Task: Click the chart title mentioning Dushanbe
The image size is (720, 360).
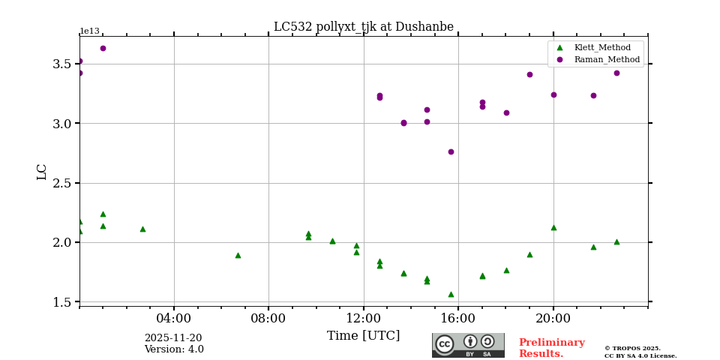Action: pos(363,27)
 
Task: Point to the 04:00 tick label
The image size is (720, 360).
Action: pos(174,318)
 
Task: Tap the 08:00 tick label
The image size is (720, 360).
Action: pos(268,318)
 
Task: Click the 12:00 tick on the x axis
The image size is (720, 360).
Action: pos(364,318)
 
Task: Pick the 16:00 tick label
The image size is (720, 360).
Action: pos(458,318)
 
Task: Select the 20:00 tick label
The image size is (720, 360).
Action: pos(553,318)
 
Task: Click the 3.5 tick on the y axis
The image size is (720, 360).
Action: pos(62,64)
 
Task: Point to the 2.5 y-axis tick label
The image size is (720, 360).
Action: pos(62,183)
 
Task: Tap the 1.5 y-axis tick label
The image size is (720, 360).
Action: pos(62,302)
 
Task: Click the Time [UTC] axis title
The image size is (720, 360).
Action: pos(363,336)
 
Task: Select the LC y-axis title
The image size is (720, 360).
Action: pos(42,172)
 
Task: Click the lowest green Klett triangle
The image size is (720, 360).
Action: pos(451,294)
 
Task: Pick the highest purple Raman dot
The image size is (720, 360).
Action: pos(103,48)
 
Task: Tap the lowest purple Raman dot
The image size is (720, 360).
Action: pos(451,151)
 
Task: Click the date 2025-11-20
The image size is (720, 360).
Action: pos(173,338)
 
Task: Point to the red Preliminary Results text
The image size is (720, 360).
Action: pos(551,348)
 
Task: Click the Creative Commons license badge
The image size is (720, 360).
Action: pos(468,345)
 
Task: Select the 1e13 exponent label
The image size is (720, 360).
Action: pos(89,31)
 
